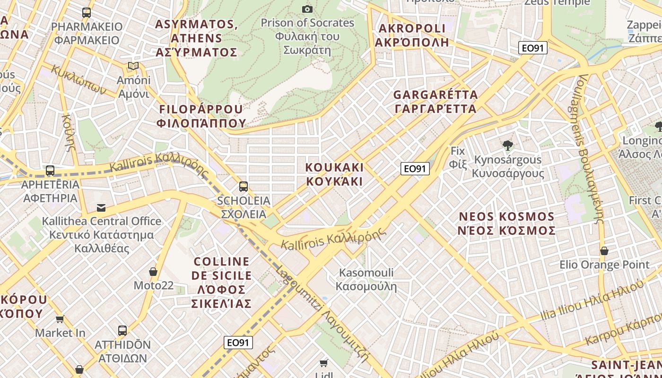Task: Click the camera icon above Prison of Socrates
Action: coord(307,9)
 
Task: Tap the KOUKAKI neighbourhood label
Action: coord(334,174)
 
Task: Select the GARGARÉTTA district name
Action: coord(436,102)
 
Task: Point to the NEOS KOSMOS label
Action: coord(507,223)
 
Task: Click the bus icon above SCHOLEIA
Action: coord(244,187)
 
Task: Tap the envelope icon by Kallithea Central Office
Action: coord(101,207)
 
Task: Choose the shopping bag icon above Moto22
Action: coord(153,272)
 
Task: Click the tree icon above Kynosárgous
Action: coord(508,146)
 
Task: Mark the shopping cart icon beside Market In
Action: coord(60,319)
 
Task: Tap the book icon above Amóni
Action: coord(134,66)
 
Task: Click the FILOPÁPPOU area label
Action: coord(201,116)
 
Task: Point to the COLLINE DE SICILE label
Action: coord(222,282)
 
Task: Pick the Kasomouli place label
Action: coord(366,279)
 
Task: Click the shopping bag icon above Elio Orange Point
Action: coord(604,251)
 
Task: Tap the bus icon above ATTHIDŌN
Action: coord(122,331)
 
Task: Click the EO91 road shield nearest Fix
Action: coord(415,169)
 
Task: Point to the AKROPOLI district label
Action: coord(412,35)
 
